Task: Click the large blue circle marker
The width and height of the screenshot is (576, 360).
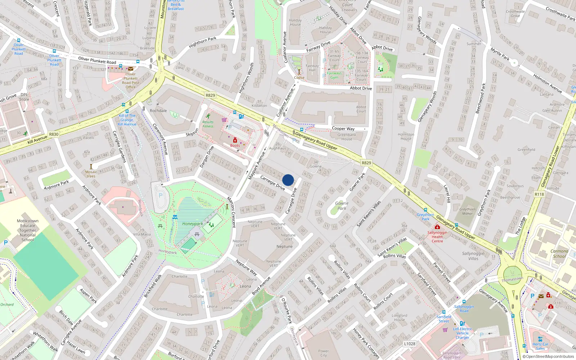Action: (x=288, y=180)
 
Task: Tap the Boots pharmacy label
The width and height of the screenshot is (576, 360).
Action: (x=235, y=145)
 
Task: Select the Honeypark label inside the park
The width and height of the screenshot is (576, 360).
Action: (x=193, y=224)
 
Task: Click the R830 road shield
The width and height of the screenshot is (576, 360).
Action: (x=54, y=134)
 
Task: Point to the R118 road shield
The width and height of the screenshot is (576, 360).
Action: (x=539, y=194)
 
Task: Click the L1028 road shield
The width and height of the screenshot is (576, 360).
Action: (x=409, y=343)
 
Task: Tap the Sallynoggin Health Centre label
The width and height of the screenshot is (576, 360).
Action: (x=437, y=237)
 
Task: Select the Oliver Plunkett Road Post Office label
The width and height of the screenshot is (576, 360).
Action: (x=130, y=80)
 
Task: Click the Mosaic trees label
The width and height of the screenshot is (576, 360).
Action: (x=91, y=174)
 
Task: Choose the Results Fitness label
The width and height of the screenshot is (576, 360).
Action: (x=208, y=124)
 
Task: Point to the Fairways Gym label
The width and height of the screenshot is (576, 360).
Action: (x=334, y=75)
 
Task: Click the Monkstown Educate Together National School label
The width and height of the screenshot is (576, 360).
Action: (x=28, y=230)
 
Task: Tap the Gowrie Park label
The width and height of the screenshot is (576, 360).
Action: (x=342, y=206)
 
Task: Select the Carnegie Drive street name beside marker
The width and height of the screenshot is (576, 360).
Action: (x=273, y=183)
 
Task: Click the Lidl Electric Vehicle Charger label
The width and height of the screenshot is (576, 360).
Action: (x=463, y=333)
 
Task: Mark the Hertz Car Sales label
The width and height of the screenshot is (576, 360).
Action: (x=540, y=346)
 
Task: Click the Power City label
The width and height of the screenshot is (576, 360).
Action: (x=323, y=353)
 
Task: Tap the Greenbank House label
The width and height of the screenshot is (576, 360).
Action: (x=347, y=137)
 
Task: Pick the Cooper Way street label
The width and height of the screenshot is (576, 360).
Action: (x=343, y=129)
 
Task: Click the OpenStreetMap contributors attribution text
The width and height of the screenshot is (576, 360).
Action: (x=550, y=356)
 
